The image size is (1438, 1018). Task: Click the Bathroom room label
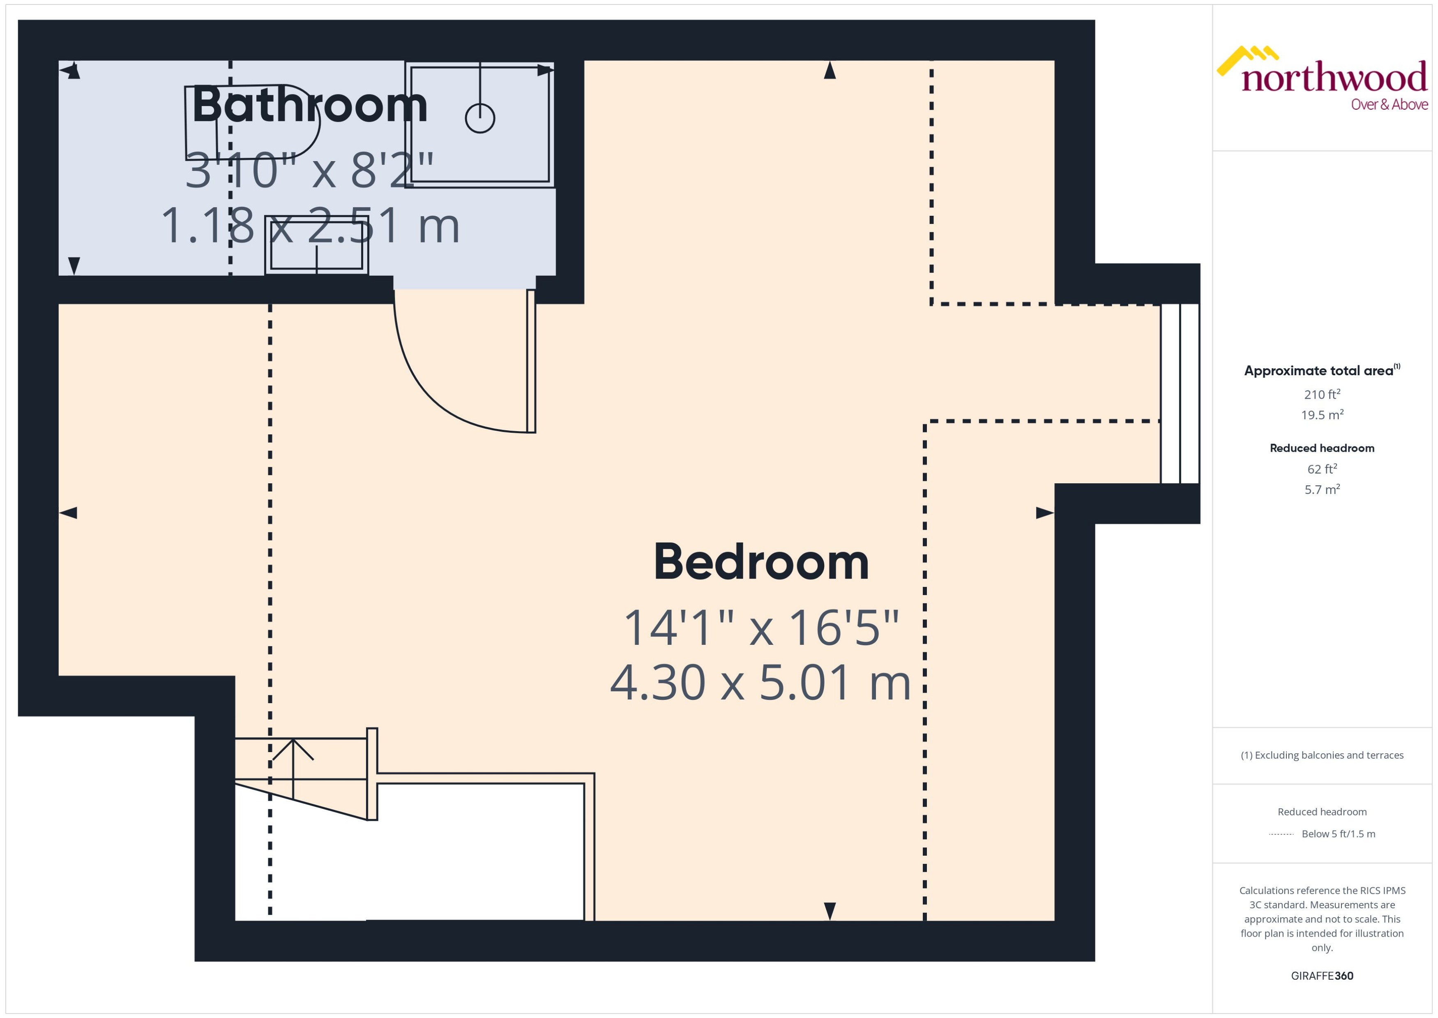click(309, 105)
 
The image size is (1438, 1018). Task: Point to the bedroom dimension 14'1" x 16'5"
click(761, 628)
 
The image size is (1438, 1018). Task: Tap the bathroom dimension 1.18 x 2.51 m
click(310, 226)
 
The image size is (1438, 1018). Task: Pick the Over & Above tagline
click(1389, 105)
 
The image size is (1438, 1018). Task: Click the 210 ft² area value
click(1322, 394)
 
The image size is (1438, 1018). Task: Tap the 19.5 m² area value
click(1322, 415)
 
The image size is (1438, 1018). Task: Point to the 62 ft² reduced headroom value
click(1322, 469)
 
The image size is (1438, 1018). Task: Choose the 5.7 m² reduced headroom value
click(1322, 489)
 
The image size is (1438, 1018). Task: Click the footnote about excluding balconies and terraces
click(1322, 755)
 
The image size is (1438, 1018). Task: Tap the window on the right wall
click(1180, 394)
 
